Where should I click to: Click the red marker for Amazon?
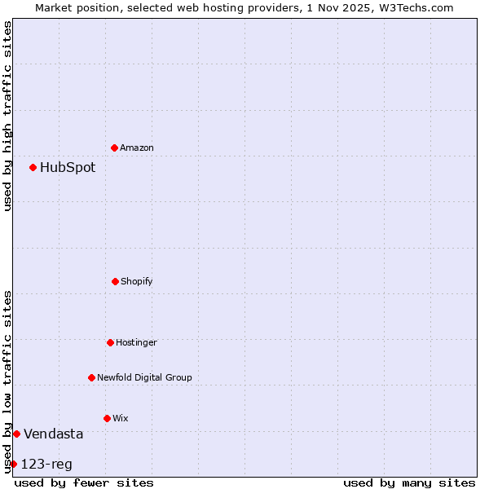pyautogui.click(x=114, y=148)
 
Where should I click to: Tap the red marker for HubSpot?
pyautogui.click(x=33, y=167)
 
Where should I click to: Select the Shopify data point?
pyautogui.click(x=115, y=281)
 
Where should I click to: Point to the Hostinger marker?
pyautogui.click(x=110, y=342)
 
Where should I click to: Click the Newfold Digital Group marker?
pyautogui.click(x=91, y=377)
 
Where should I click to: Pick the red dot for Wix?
pyautogui.click(x=107, y=418)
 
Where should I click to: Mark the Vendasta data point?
pyautogui.click(x=16, y=434)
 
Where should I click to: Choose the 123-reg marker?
pyautogui.click(x=13, y=464)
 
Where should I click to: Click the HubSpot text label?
pyautogui.click(x=68, y=168)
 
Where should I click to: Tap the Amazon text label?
pyautogui.click(x=137, y=148)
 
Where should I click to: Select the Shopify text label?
pyautogui.click(x=137, y=282)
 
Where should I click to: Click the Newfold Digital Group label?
pyautogui.click(x=144, y=378)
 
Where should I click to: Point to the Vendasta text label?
pyautogui.click(x=53, y=434)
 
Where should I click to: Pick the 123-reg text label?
pyautogui.click(x=46, y=465)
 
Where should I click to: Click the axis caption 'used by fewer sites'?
pyautogui.click(x=84, y=482)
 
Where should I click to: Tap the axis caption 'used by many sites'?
pyautogui.click(x=409, y=482)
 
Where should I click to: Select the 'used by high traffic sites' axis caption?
pyautogui.click(x=7, y=116)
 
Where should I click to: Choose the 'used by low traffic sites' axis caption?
pyautogui.click(x=7, y=381)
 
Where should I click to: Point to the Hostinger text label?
pyautogui.click(x=136, y=343)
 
